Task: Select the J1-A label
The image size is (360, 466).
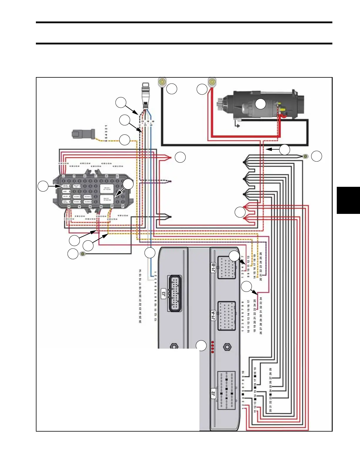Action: pyautogui.click(x=214, y=315)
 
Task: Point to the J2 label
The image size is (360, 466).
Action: pyautogui.click(x=214, y=393)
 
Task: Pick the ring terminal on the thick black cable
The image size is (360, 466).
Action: pyautogui.click(x=162, y=81)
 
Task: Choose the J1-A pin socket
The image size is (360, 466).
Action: pyautogui.click(x=226, y=316)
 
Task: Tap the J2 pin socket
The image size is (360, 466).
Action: pyautogui.click(x=226, y=390)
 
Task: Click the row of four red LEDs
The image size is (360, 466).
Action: pyautogui.click(x=213, y=347)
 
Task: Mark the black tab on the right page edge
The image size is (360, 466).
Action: pyautogui.click(x=348, y=200)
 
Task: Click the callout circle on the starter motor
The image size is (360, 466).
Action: pyautogui.click(x=260, y=104)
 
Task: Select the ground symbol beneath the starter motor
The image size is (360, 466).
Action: pyautogui.click(x=237, y=125)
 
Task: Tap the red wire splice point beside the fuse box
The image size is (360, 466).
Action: pyautogui.click(x=170, y=158)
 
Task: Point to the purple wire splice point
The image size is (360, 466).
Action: pyautogui.click(x=170, y=182)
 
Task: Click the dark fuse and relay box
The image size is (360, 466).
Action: pyautogui.click(x=92, y=192)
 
